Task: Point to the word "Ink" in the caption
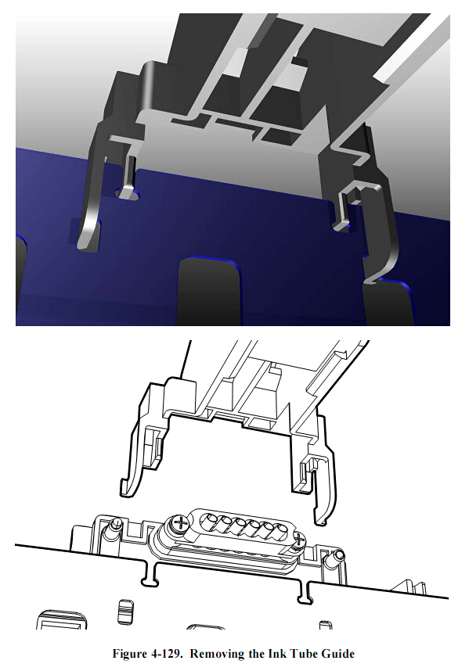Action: point(277,654)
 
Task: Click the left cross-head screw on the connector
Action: point(181,524)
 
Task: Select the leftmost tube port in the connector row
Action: point(208,518)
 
